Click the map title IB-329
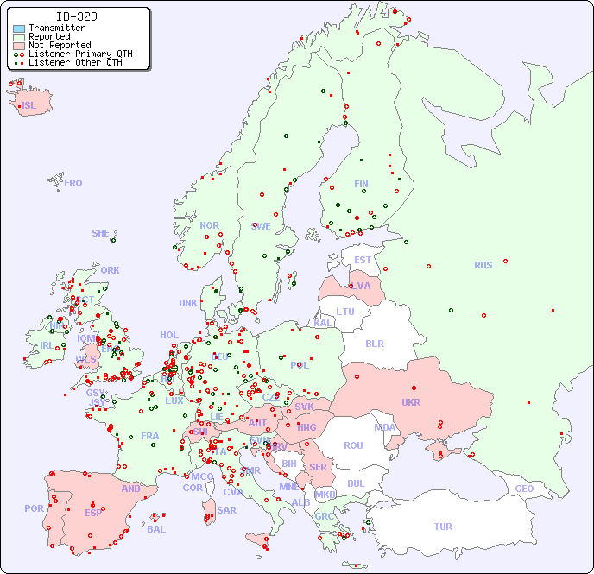click(76, 16)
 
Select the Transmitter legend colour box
click(19, 28)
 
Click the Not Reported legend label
click(59, 45)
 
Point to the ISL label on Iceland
click(29, 106)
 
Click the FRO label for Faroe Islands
click(73, 183)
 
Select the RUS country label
click(483, 265)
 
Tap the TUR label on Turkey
click(443, 527)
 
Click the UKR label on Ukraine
click(411, 402)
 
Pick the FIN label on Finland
click(361, 184)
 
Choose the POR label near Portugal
click(34, 508)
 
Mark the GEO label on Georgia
click(524, 489)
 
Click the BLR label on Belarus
click(375, 343)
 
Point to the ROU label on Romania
click(353, 445)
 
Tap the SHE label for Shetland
click(101, 233)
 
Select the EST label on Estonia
click(363, 260)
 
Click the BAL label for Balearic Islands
click(155, 529)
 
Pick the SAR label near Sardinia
click(227, 510)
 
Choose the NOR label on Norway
click(209, 225)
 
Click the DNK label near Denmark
click(188, 303)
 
